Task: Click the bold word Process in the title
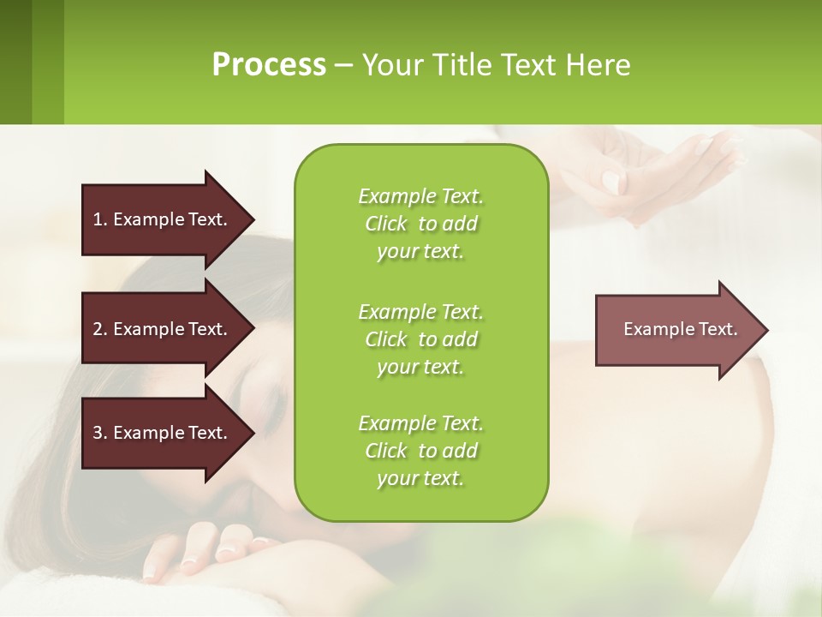pyautogui.click(x=269, y=65)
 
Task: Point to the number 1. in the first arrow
pyautogui.click(x=100, y=219)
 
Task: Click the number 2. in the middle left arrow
pyautogui.click(x=100, y=329)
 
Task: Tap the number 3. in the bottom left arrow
pyautogui.click(x=100, y=433)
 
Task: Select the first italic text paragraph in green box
pyautogui.click(x=420, y=224)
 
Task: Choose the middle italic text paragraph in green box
pyautogui.click(x=420, y=338)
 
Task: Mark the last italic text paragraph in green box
pyautogui.click(x=420, y=451)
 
